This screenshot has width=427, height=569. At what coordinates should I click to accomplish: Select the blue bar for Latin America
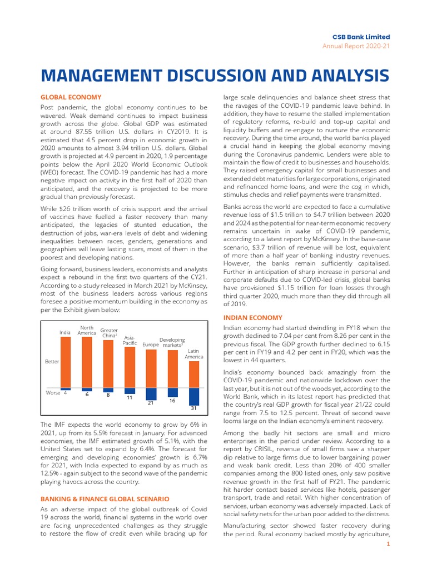pos(194,396)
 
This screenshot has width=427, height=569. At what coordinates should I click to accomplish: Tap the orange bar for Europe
pos(151,368)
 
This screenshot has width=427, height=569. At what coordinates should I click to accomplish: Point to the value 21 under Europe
pos(151,403)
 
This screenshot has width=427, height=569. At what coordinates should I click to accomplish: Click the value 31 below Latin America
pos(194,408)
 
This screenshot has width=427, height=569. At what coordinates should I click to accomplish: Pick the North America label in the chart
pos(87,331)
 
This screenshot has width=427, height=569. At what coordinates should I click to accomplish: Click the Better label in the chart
pos(52,362)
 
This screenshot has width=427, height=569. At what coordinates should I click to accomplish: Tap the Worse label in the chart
pos(53,393)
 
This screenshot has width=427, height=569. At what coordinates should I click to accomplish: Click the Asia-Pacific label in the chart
pos(130,340)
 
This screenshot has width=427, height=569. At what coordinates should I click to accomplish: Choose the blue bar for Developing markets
pos(173,392)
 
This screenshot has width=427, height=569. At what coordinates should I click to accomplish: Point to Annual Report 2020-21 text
pos(356,46)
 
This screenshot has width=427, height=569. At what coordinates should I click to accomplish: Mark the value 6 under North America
pos(87,395)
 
